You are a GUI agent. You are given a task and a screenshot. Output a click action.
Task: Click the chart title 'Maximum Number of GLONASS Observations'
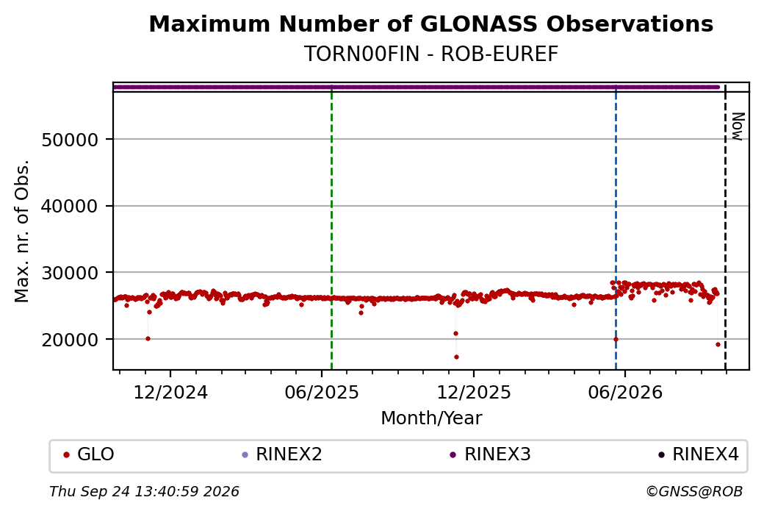pos(430,24)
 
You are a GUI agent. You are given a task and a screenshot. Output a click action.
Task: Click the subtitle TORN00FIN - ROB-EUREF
pos(430,54)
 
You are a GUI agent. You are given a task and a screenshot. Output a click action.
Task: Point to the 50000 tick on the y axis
pos(71,140)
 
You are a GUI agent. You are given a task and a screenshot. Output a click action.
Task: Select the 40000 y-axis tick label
pos(71,207)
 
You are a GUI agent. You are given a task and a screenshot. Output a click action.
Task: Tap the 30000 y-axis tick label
pos(71,273)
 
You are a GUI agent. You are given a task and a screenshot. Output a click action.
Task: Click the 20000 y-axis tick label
pos(71,340)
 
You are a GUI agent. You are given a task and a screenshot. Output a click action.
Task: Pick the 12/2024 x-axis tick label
pos(170,392)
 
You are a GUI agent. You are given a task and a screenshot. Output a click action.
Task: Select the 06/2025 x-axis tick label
pos(322,392)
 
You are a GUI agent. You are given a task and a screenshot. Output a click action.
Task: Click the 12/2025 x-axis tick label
pos(474,392)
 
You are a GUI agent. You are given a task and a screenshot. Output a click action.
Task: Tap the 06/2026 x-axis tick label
pos(625,392)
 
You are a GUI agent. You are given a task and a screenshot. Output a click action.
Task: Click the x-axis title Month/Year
pos(431,418)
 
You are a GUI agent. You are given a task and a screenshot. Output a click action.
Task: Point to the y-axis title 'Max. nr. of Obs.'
pos(21,231)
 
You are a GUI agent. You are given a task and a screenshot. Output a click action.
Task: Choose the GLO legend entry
pos(89,454)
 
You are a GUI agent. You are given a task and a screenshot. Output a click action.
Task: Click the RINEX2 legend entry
pos(282,454)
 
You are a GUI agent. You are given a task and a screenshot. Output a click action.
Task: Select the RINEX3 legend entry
pos(490,454)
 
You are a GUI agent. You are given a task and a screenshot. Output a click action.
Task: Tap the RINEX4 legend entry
pos(699,454)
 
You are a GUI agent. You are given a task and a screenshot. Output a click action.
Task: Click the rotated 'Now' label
pos(738,126)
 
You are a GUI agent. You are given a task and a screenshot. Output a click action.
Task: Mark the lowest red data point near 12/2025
pos(456,357)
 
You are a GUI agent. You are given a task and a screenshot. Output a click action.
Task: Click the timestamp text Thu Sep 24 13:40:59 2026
pos(144,491)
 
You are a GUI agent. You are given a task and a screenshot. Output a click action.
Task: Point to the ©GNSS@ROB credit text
pos(694,491)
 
